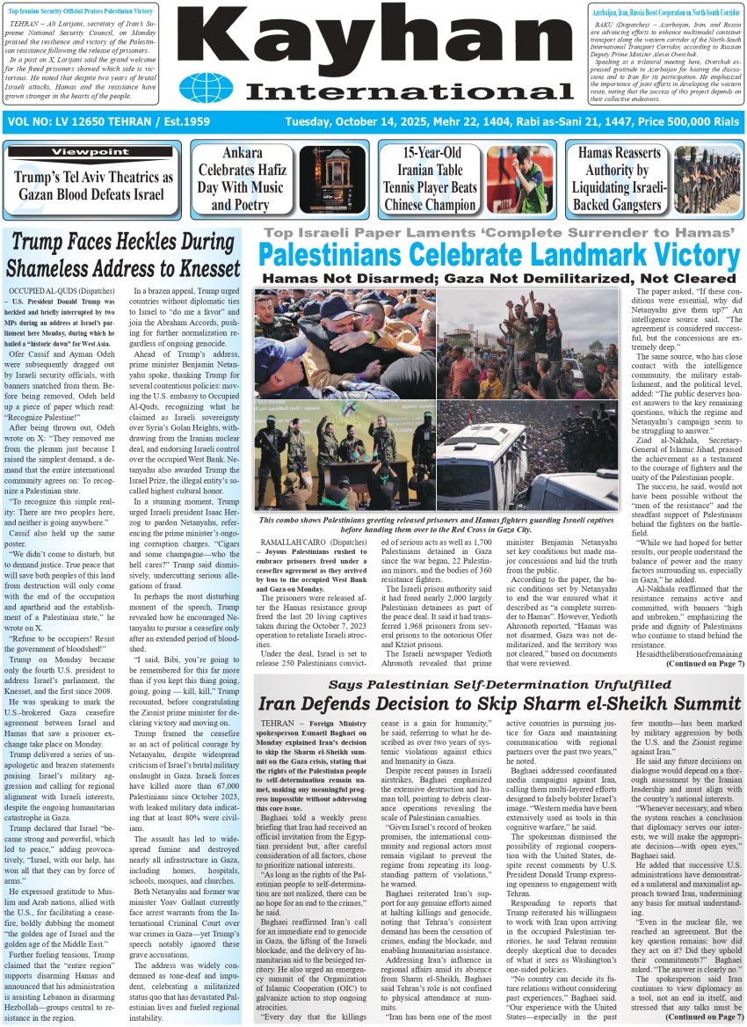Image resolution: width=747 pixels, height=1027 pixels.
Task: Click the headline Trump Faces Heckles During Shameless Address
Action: [x=123, y=254]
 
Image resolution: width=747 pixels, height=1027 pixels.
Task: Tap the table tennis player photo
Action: [x=520, y=179]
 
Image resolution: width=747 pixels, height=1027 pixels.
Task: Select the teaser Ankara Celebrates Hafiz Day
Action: [x=241, y=179]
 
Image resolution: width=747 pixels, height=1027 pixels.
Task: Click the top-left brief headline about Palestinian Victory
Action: [x=81, y=8]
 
